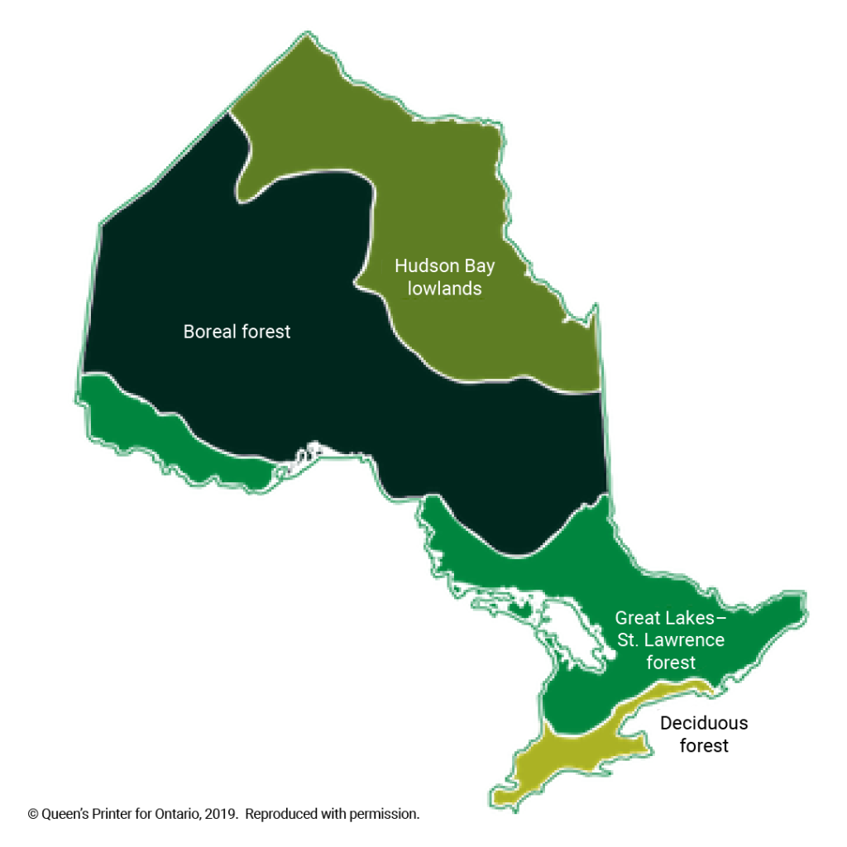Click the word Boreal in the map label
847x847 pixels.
tap(208, 332)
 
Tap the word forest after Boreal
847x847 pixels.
tap(265, 332)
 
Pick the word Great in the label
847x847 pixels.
tap(637, 618)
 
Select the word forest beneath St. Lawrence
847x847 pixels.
tap(671, 663)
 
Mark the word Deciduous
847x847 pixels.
tap(703, 723)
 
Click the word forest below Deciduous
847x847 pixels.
tap(704, 745)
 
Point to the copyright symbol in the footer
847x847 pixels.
tap(33, 814)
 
